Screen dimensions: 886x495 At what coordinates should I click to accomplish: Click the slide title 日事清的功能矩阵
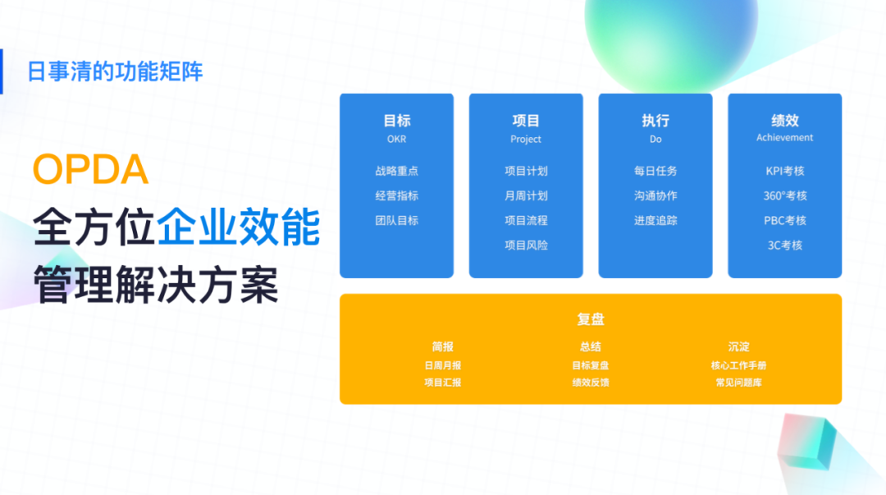click(116, 72)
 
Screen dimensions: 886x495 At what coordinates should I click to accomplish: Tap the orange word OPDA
click(90, 169)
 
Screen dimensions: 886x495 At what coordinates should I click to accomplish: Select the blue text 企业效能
click(239, 227)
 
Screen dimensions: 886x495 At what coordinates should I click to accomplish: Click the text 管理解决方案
click(156, 285)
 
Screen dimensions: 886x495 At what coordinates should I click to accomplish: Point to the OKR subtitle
click(397, 140)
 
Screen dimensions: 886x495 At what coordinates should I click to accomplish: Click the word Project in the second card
click(526, 140)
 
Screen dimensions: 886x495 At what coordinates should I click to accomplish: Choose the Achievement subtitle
click(785, 137)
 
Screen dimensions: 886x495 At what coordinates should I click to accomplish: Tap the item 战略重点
click(397, 171)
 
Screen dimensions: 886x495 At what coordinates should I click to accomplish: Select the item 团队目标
click(397, 221)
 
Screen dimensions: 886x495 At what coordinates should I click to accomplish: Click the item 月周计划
click(526, 195)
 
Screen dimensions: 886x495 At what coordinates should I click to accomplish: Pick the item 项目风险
click(526, 245)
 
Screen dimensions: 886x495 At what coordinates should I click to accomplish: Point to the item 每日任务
click(655, 171)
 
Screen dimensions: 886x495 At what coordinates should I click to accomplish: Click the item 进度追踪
click(655, 221)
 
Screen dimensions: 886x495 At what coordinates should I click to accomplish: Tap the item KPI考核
click(785, 171)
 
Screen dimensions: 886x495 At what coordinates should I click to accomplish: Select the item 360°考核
click(785, 195)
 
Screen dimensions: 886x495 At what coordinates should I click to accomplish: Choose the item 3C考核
click(785, 245)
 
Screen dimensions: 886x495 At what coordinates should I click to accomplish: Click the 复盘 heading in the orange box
click(591, 319)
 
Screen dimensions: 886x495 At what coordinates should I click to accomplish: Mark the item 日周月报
click(443, 366)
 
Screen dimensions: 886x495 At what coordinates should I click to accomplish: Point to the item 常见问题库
click(738, 383)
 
